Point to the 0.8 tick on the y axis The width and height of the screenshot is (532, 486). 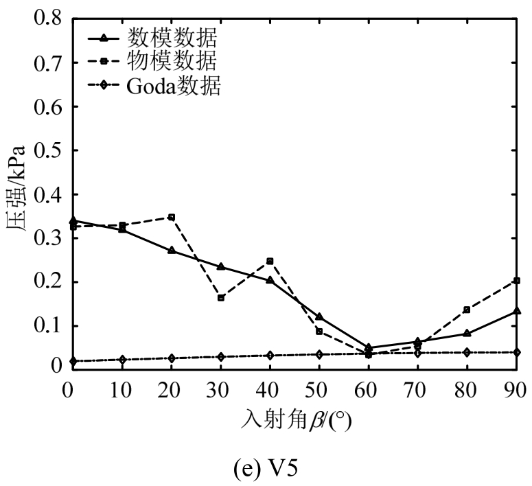pos(47,19)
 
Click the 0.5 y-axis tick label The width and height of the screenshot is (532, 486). pos(47,150)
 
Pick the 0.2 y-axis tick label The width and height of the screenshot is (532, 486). pos(47,282)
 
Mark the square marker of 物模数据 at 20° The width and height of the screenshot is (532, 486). pos(172,218)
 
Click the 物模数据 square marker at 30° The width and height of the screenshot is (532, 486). pos(221,298)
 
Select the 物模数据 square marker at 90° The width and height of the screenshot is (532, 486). pos(517,281)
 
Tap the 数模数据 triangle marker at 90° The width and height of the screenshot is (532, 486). pos(517,311)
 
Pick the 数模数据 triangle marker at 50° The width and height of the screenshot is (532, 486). pos(319,316)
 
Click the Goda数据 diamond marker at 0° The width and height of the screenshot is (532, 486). pos(73,361)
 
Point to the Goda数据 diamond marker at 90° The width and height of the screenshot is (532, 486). pos(517,352)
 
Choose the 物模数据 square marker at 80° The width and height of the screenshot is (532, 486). pos(467,310)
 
